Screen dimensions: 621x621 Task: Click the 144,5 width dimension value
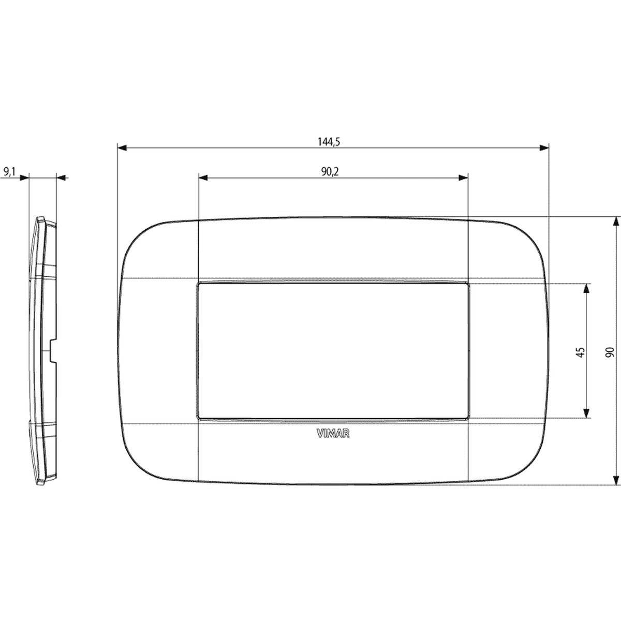329,142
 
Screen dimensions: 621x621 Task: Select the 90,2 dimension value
330,172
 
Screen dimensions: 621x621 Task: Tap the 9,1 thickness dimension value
9,172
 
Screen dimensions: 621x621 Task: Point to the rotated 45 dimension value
580,352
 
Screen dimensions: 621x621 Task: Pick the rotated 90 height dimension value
609,352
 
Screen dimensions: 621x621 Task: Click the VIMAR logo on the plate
333,434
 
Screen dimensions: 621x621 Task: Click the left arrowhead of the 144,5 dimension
122,148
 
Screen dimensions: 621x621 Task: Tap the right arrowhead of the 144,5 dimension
544,148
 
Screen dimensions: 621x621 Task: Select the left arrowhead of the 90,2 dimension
203,178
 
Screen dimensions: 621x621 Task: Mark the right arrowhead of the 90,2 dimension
463,178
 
